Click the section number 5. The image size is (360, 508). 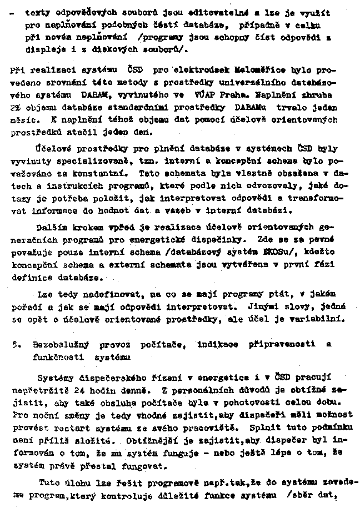click(13, 344)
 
